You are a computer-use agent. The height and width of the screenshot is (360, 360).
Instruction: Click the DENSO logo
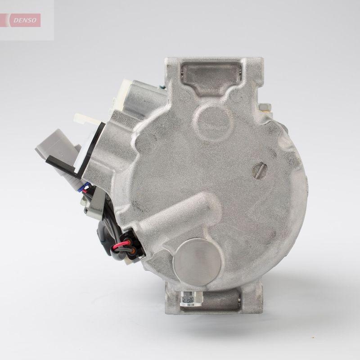(x=25, y=20)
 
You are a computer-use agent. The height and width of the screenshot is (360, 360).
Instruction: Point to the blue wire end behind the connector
(x=85, y=189)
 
